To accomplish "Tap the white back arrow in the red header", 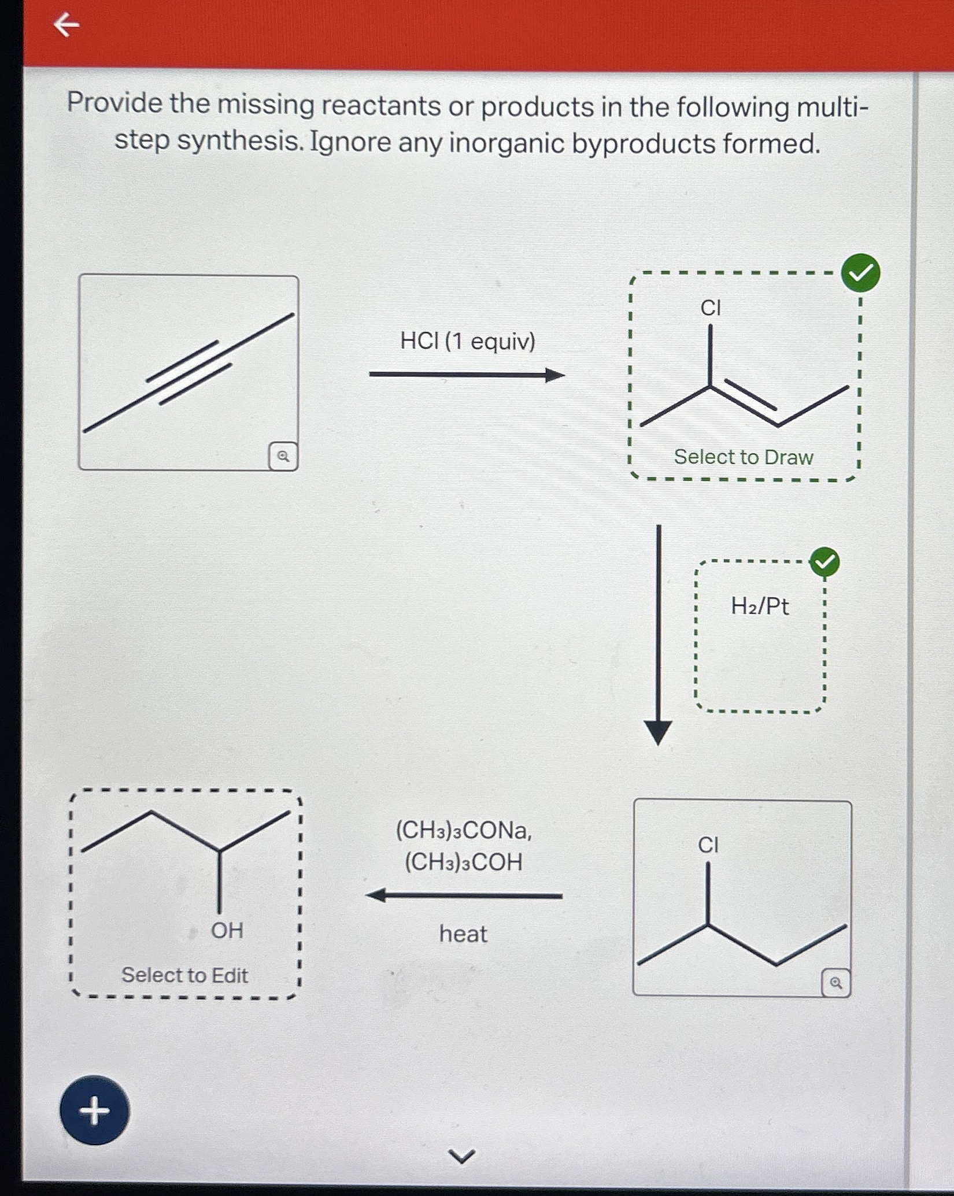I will click(66, 25).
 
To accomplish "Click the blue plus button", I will click(94, 1110).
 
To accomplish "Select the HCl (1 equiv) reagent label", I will click(468, 341).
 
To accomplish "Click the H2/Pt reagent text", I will click(760, 606).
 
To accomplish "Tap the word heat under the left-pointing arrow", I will click(463, 934).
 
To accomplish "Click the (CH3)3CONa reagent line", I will click(464, 830).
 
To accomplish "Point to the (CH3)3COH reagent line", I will click(464, 862).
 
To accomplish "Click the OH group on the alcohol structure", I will click(227, 930).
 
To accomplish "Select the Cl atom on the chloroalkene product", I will click(711, 308).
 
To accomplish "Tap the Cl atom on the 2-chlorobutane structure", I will click(708, 845).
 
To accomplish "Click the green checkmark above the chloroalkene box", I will click(860, 272).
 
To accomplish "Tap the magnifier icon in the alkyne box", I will click(283, 456).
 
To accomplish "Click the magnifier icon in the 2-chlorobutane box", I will click(835, 982).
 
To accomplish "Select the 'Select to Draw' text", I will click(744, 457).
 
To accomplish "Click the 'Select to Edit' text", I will click(184, 975).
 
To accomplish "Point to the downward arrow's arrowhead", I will click(658, 732).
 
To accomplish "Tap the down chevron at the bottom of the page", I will click(463, 1156).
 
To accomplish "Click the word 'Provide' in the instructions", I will click(114, 103).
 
